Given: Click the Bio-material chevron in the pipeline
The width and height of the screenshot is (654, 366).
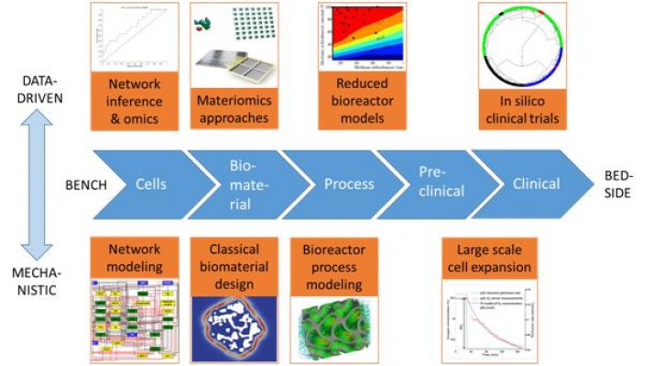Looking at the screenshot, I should pos(240,183).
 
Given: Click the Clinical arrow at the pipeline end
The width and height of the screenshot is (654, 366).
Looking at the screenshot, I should pos(536,183).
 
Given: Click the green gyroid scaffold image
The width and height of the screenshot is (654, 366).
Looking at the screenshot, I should pos(332,325).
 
